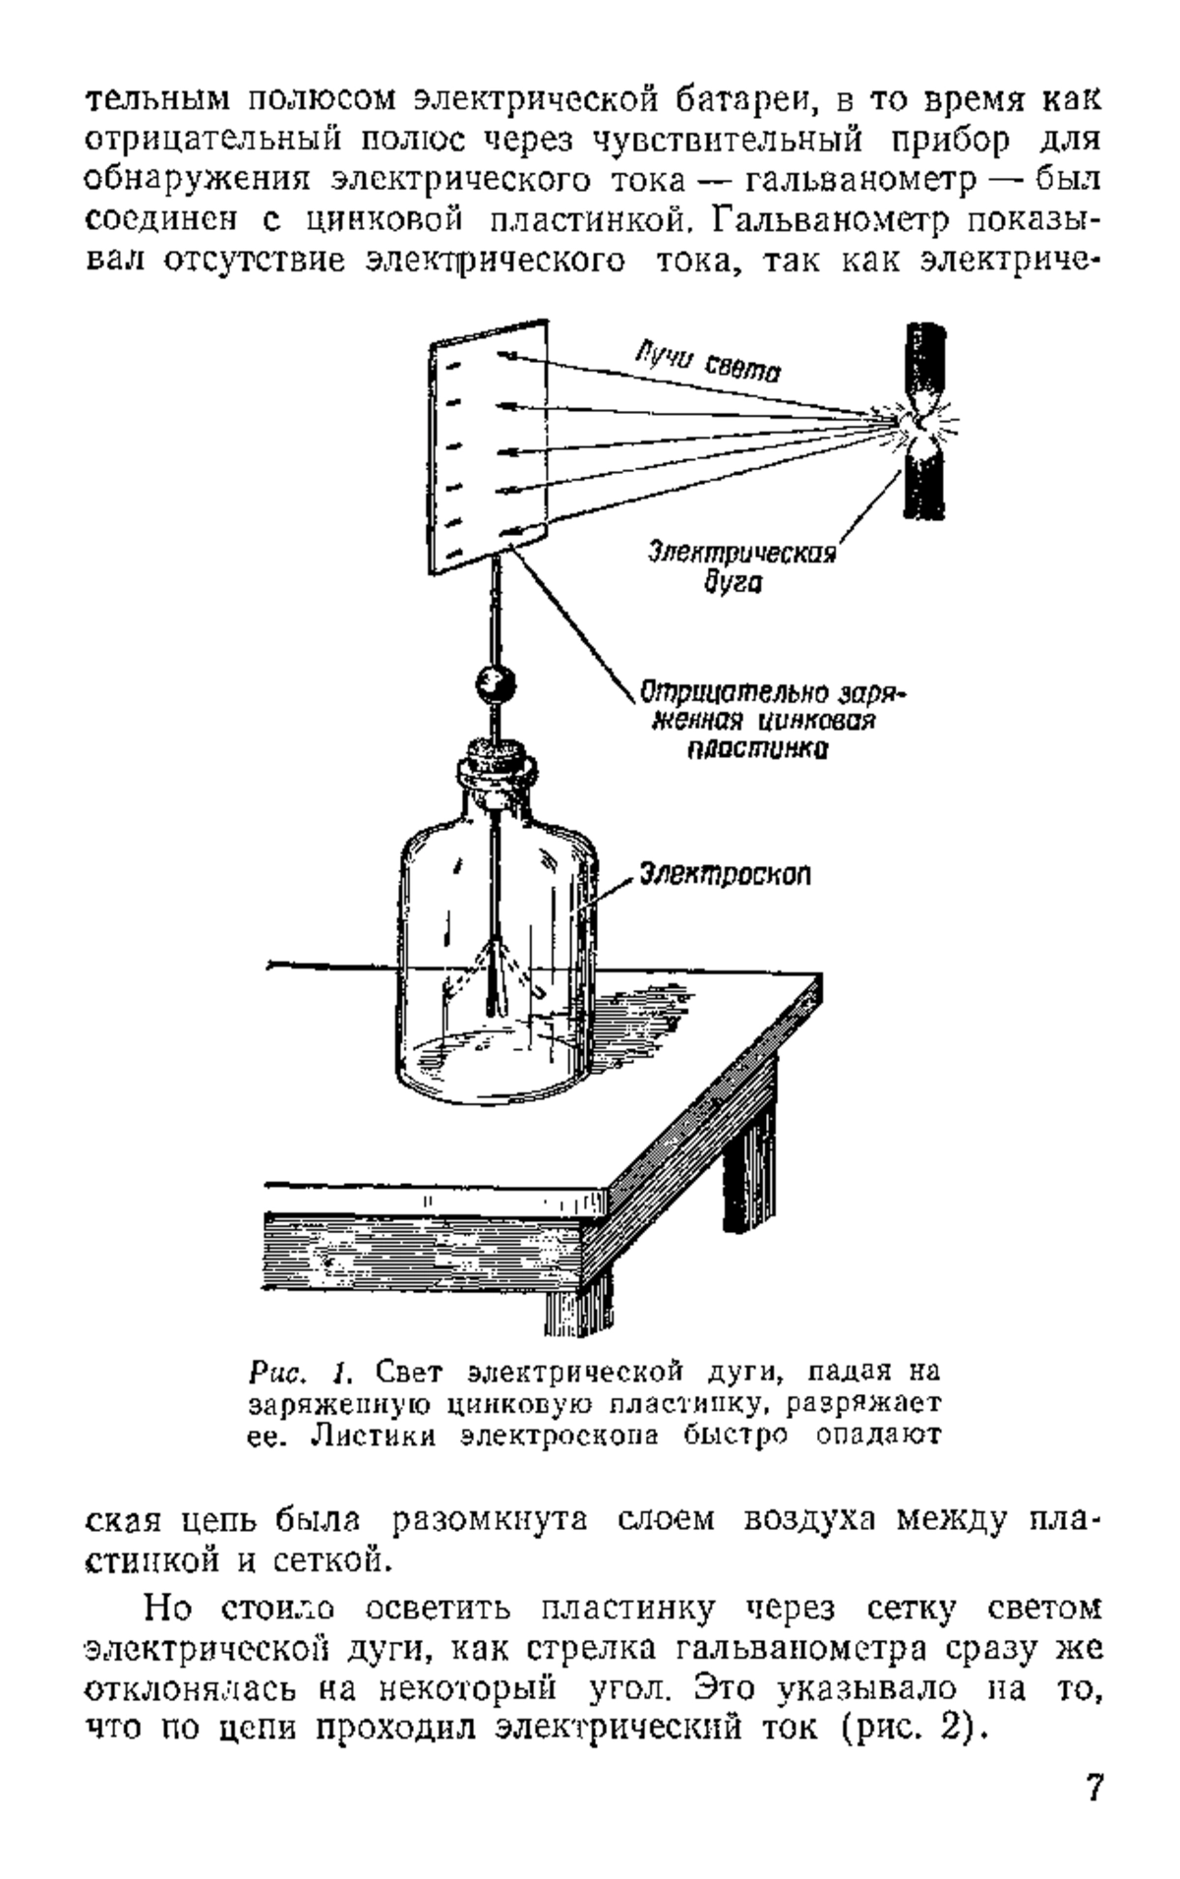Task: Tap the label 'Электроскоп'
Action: (725, 873)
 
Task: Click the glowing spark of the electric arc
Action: (920, 424)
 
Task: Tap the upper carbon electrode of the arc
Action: (923, 360)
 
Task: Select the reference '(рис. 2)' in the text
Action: (913, 1673)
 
